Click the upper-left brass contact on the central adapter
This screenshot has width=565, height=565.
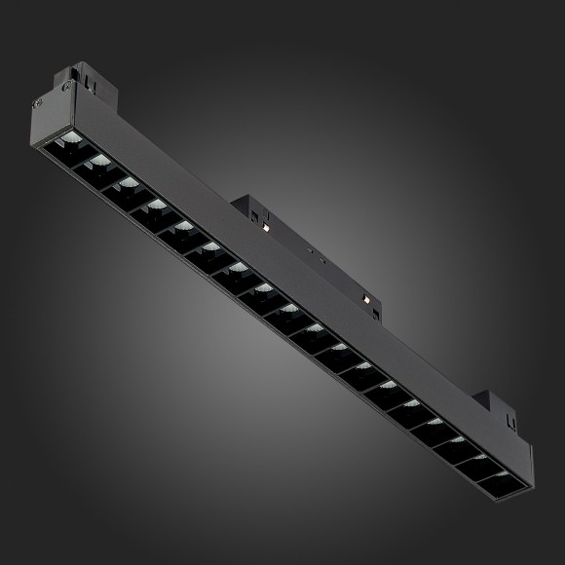point(265,228)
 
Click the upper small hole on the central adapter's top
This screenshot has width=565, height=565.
point(310,249)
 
